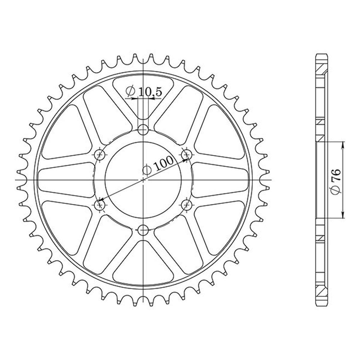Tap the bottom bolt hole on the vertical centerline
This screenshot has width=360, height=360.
(x=143, y=230)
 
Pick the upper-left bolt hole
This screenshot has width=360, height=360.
(x=100, y=154)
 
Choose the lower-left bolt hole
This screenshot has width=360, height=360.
(x=100, y=205)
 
